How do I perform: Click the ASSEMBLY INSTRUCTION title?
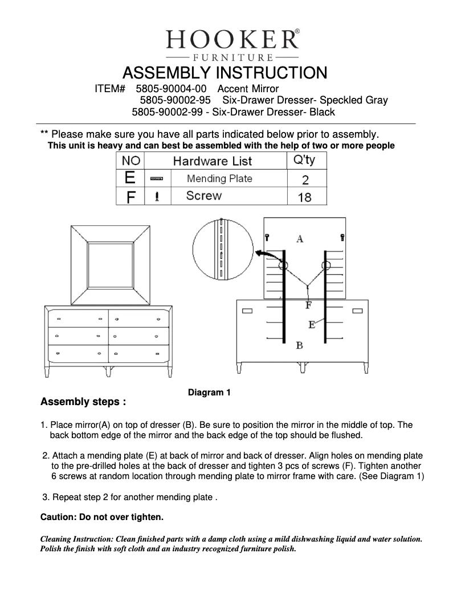click(x=225, y=73)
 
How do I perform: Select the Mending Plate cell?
click(x=219, y=179)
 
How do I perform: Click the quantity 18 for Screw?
click(x=305, y=197)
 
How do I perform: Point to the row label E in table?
click(x=129, y=178)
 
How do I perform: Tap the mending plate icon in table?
click(x=156, y=179)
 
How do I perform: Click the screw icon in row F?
click(x=157, y=196)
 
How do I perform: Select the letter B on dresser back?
click(x=299, y=345)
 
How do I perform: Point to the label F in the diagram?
click(x=308, y=306)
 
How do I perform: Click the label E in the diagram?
click(x=312, y=324)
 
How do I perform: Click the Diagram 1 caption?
click(x=209, y=392)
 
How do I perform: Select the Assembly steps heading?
click(x=83, y=402)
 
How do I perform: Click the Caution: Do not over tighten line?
click(x=102, y=517)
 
